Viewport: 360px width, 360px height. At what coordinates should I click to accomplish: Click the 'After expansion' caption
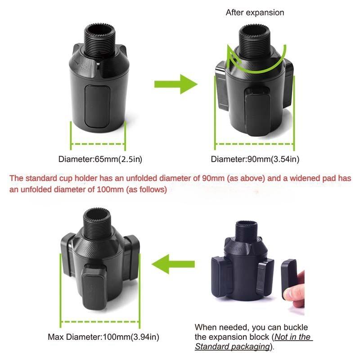[255, 13]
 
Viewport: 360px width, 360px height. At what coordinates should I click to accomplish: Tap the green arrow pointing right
[175, 84]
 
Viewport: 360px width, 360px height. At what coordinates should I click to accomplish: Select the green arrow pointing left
[173, 264]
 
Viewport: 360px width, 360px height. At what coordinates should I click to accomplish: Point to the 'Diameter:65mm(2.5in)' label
[100, 159]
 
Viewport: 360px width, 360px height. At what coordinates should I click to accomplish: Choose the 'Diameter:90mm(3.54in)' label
[255, 159]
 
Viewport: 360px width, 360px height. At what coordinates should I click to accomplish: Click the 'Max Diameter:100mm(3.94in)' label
[103, 337]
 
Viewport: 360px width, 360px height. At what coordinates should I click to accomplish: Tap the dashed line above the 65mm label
[98, 144]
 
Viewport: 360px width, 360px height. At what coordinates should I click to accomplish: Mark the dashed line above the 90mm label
[254, 144]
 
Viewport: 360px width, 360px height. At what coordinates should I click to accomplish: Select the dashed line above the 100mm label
[100, 322]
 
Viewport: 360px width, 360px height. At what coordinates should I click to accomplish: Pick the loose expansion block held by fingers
[288, 279]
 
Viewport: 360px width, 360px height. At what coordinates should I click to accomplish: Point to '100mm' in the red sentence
[110, 189]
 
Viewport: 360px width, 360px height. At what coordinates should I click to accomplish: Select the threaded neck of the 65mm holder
[99, 40]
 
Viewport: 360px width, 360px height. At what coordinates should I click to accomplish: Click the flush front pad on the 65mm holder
[97, 106]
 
